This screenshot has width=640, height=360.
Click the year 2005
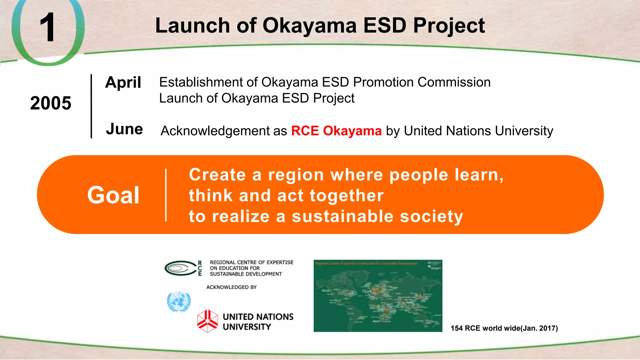tap(51, 103)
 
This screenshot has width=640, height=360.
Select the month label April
tap(123, 83)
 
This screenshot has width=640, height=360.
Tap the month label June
tap(124, 129)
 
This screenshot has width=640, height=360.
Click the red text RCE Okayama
tap(336, 131)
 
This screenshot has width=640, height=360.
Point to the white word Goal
tap(113, 195)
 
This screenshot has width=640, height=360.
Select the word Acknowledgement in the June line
tap(215, 131)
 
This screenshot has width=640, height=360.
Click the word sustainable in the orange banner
tap(342, 217)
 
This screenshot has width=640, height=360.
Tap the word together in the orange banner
tap(347, 196)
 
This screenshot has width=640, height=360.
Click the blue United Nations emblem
tap(178, 302)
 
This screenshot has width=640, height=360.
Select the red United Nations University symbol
tap(207, 321)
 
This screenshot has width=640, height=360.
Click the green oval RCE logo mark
tap(180, 268)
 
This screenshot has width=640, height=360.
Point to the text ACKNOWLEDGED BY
tap(231, 287)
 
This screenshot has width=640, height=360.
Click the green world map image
tap(378, 296)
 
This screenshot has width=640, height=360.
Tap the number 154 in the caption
tap(457, 328)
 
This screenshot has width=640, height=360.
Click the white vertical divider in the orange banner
tap(166, 195)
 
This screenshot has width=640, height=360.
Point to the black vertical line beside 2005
tap(91, 106)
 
